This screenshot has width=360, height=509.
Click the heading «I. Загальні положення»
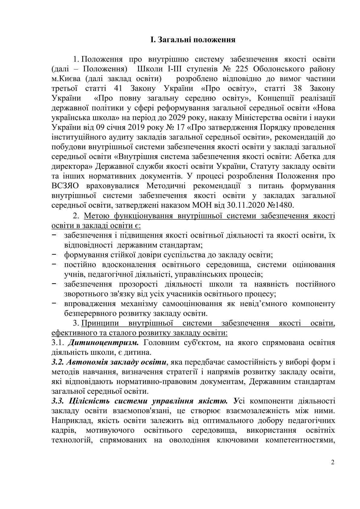(193, 40)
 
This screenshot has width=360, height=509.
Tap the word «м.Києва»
(66, 79)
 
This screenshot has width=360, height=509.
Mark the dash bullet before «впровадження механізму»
(54, 303)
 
